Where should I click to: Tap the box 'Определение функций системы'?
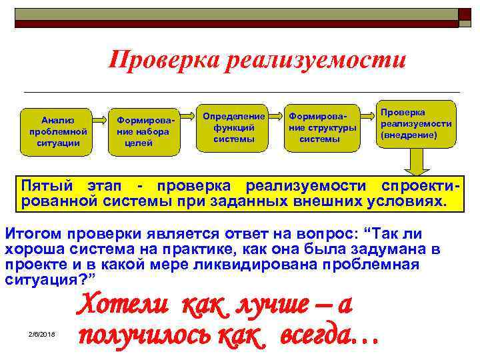point(233,127)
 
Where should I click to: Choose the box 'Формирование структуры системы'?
point(321,127)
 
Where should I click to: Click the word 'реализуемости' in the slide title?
point(316,60)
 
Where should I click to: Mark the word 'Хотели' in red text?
point(118,307)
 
